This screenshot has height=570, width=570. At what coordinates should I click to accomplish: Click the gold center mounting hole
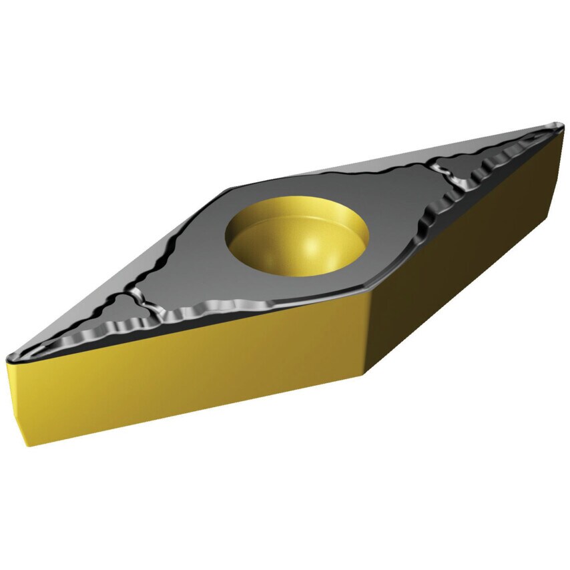pos(297,234)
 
